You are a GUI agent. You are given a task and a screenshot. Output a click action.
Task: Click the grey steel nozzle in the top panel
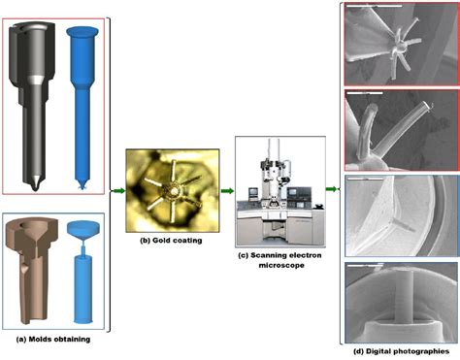(35, 97)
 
